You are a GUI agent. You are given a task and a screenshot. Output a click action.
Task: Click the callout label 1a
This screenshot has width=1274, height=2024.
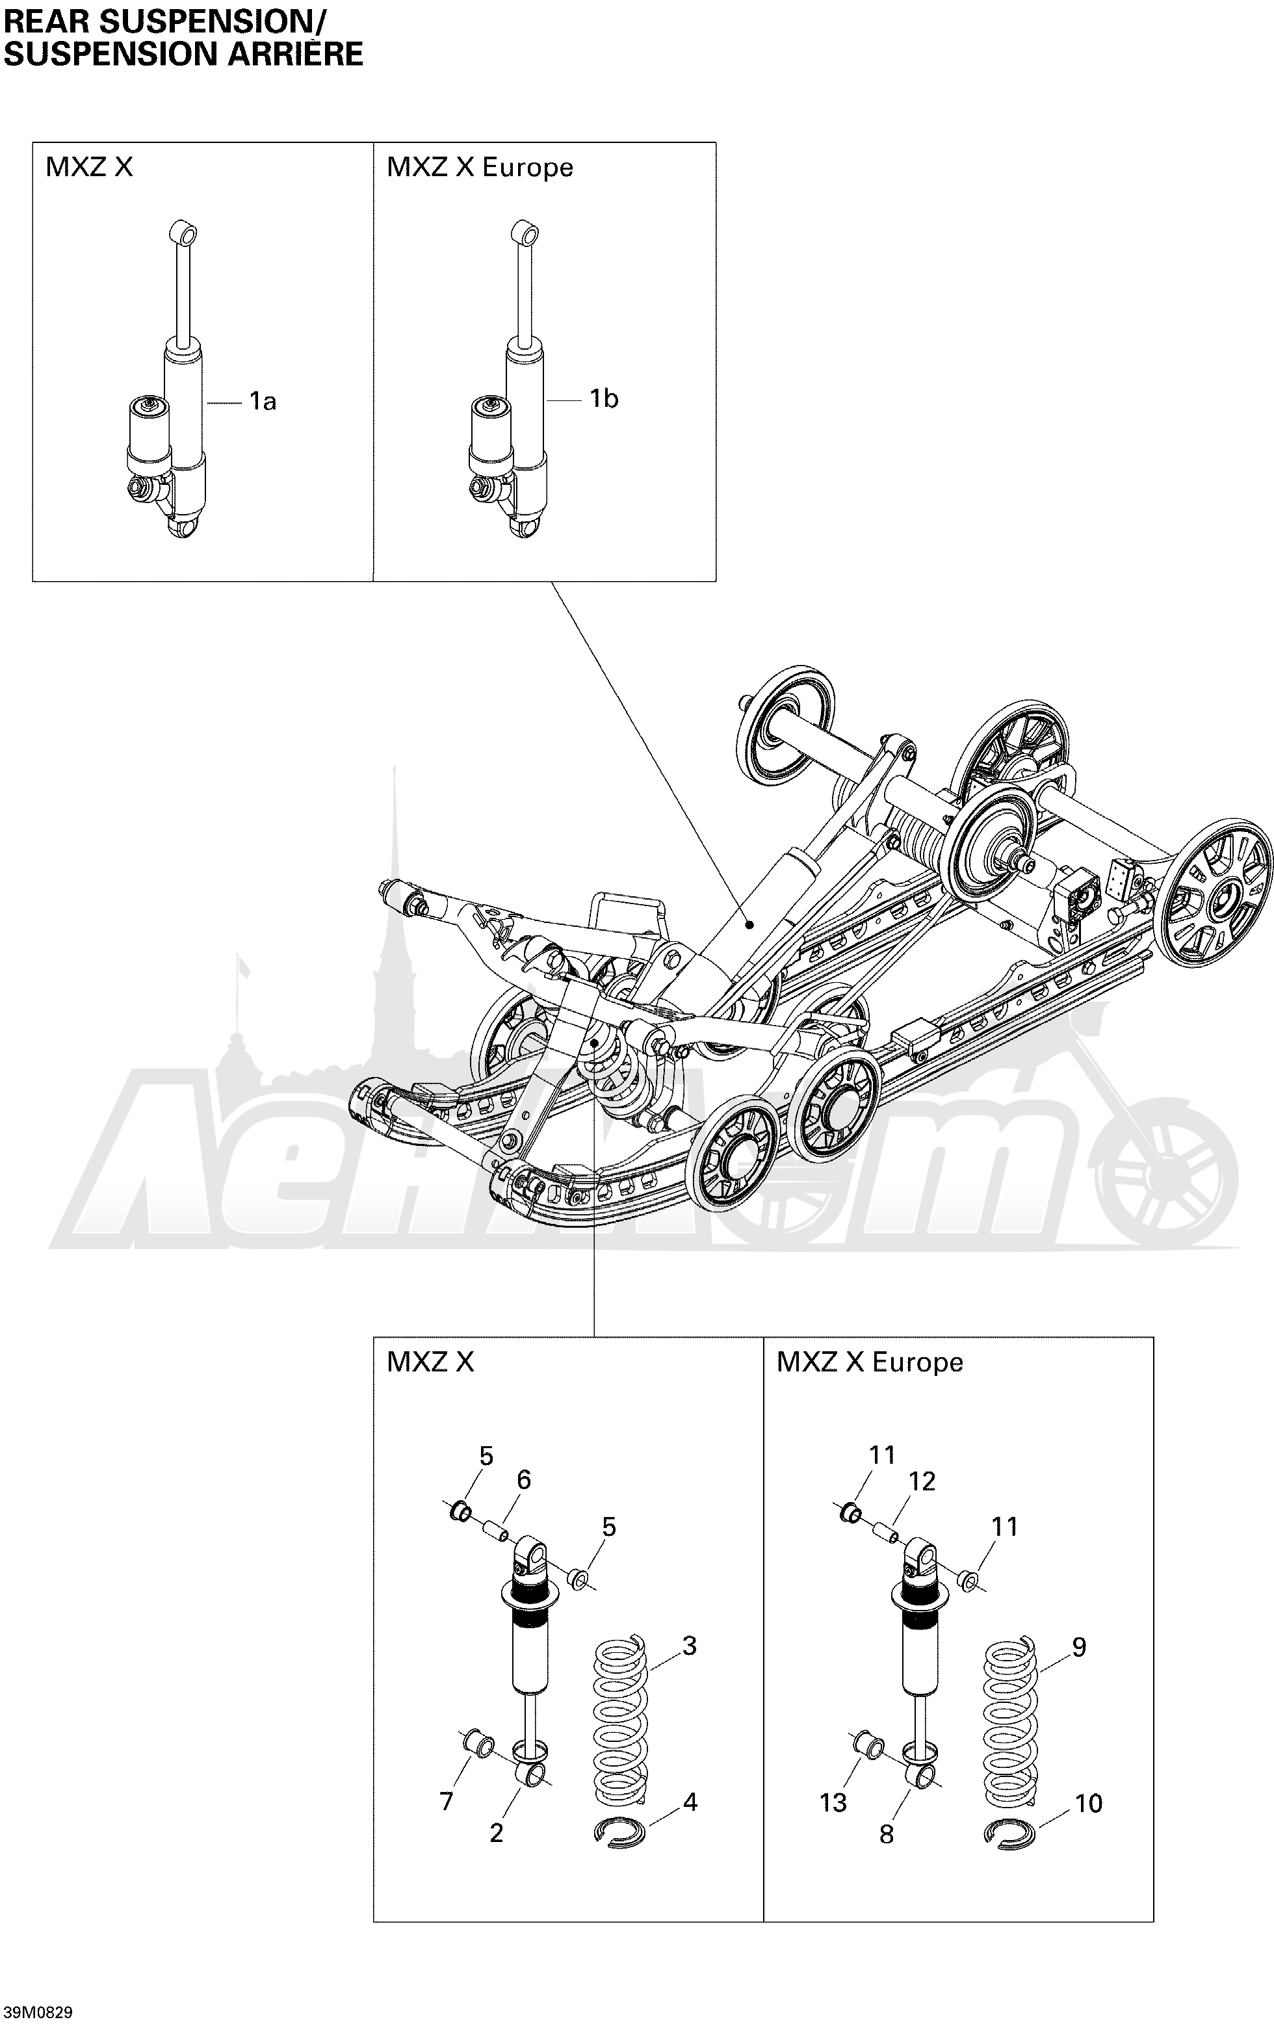(262, 402)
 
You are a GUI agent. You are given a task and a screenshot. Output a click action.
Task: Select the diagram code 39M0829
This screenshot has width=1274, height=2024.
(38, 2012)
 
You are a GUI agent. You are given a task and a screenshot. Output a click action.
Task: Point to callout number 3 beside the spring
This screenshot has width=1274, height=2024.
(689, 1645)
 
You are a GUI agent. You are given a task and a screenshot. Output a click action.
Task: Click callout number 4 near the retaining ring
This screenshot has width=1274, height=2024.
(690, 1802)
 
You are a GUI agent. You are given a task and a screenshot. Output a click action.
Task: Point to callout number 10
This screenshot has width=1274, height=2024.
(1088, 1804)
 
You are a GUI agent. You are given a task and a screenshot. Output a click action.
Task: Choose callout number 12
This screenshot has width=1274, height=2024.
(921, 1481)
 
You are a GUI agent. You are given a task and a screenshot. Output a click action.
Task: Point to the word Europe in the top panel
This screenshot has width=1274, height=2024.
(528, 168)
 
